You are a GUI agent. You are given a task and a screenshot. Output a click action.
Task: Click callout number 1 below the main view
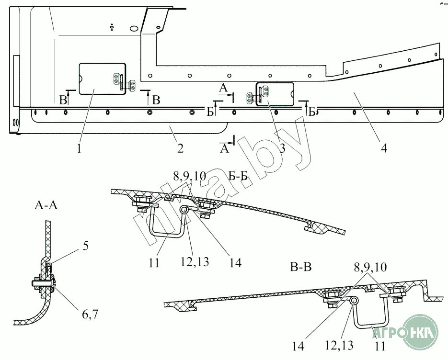(x=79, y=148)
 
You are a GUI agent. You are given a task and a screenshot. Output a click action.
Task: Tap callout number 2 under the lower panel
(x=180, y=148)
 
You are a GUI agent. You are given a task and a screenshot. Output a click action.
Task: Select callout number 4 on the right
(x=384, y=148)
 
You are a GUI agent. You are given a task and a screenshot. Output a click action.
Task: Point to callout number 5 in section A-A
(x=86, y=246)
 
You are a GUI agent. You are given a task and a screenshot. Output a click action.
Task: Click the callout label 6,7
(x=90, y=315)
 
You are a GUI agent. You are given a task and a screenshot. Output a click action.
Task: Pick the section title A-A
(x=46, y=205)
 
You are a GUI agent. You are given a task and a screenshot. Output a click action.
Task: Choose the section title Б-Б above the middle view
(x=238, y=176)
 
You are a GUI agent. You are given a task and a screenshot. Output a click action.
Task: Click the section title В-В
(x=301, y=267)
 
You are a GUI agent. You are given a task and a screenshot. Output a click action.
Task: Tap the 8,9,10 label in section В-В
(x=370, y=267)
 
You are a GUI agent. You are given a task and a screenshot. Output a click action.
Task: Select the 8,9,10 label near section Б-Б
(x=189, y=177)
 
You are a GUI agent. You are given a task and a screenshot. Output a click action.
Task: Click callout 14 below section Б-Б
(x=235, y=262)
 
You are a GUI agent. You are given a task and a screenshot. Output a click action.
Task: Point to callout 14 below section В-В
(x=298, y=346)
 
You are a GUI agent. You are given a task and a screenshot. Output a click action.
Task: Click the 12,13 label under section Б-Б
(x=195, y=261)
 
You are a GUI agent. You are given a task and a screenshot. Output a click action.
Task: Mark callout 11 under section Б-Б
(x=154, y=262)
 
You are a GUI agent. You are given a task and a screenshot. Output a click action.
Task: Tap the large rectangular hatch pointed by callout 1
(x=102, y=79)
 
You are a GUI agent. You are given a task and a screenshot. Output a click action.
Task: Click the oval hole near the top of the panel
(x=134, y=29)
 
